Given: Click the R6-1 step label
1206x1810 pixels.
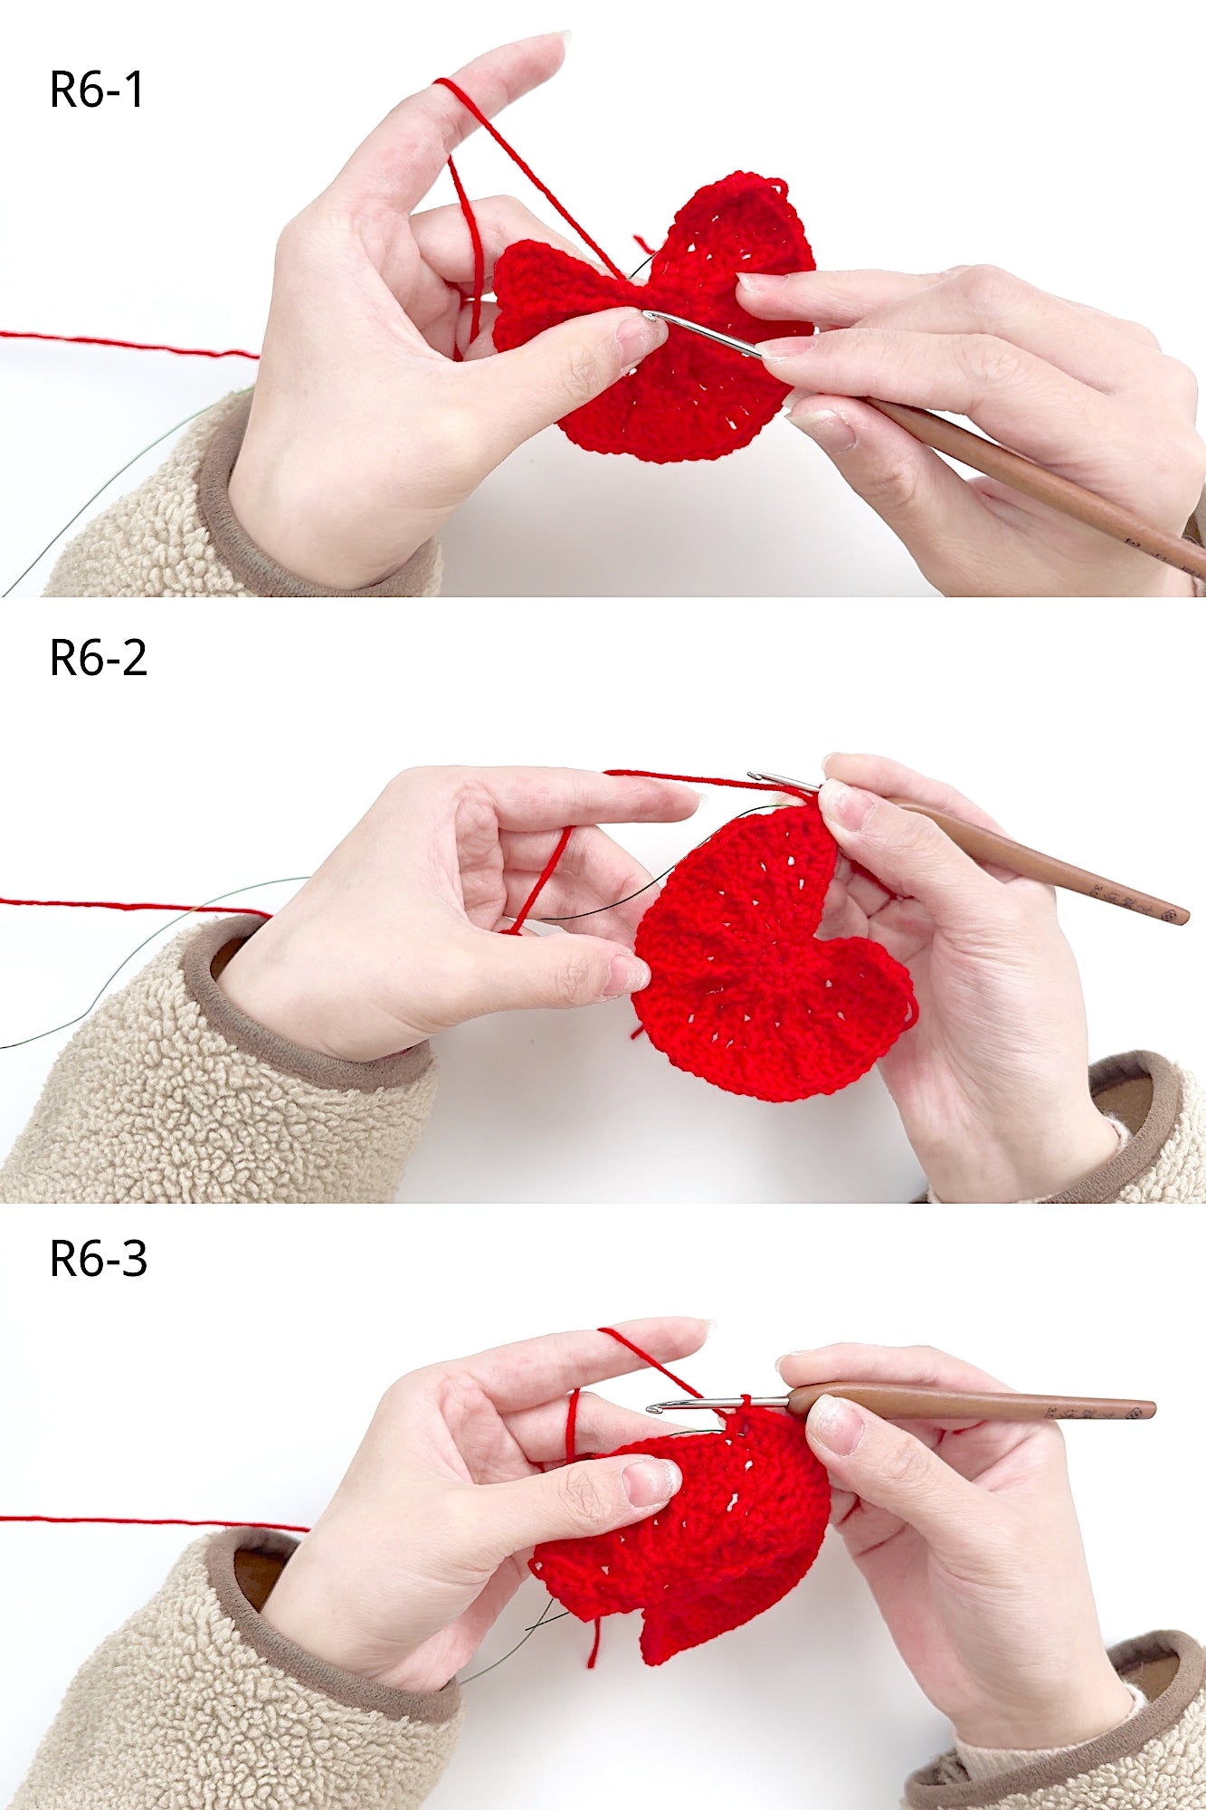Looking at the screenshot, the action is point(97,90).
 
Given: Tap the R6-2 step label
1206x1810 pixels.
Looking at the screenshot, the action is point(98,658).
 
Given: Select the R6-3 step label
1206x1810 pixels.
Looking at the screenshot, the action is point(98,1259).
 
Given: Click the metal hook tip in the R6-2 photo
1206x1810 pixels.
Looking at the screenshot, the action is point(753,776).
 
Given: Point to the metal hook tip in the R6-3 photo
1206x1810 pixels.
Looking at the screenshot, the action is point(653,1409).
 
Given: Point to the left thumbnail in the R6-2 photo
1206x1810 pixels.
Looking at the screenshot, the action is point(626,973).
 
